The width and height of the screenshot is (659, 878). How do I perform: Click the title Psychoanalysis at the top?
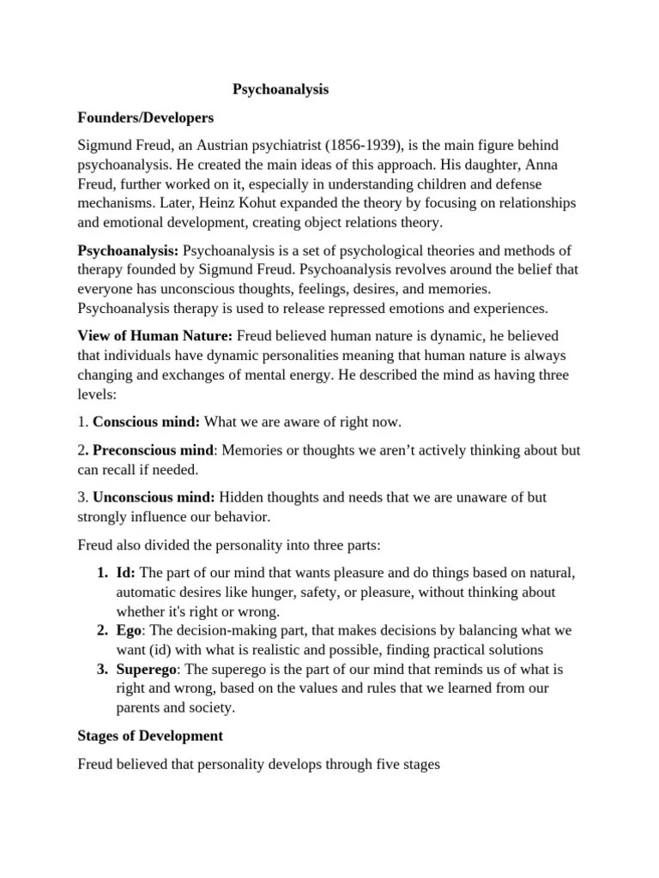click(x=281, y=88)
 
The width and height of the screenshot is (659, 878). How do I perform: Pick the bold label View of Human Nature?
click(x=155, y=334)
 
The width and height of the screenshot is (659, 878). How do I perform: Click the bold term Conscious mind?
click(x=146, y=422)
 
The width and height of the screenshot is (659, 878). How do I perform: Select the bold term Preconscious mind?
click(x=152, y=451)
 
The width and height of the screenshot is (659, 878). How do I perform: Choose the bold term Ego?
click(x=128, y=630)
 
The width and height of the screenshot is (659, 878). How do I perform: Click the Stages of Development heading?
click(x=150, y=736)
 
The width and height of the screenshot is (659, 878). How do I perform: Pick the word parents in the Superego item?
click(x=138, y=707)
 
